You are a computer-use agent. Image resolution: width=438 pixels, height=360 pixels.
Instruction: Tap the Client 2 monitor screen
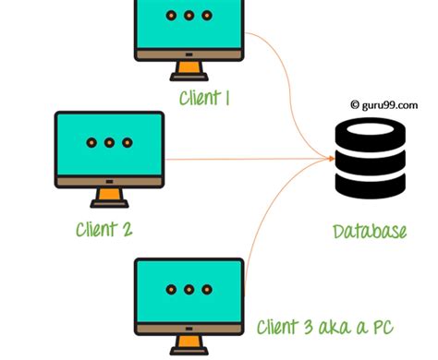109,145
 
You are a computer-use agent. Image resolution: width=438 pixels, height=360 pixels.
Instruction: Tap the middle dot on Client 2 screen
109,144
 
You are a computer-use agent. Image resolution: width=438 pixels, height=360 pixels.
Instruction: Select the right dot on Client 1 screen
208,18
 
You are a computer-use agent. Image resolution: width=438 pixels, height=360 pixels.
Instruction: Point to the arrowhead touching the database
330,160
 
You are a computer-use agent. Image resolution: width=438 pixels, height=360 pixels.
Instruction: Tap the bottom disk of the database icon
367,186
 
